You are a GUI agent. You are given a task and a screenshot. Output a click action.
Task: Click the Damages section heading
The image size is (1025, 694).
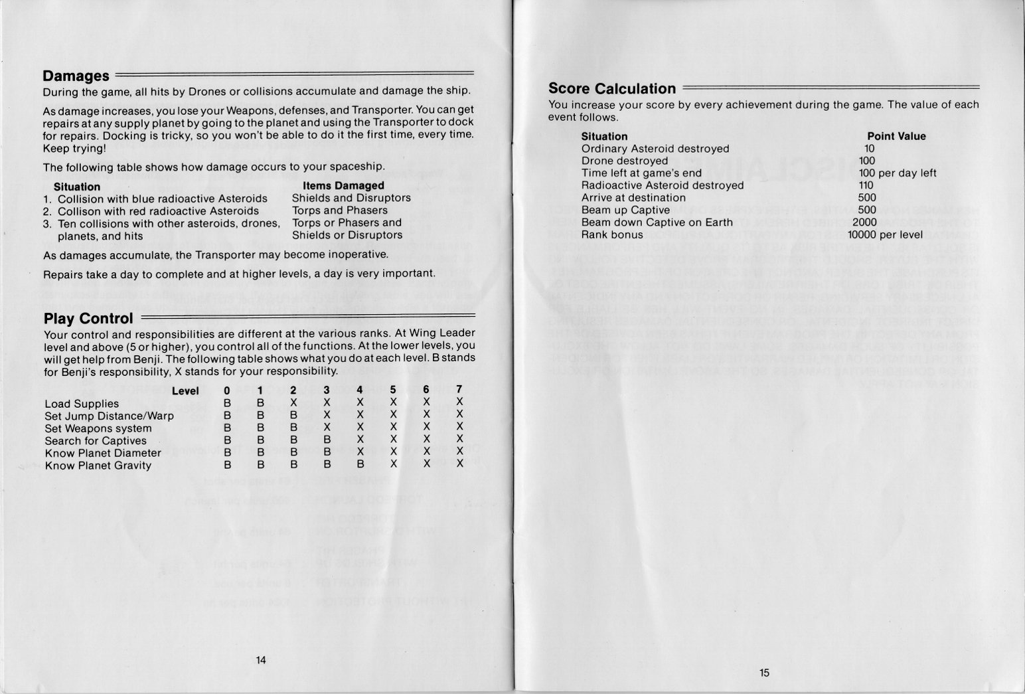(76, 76)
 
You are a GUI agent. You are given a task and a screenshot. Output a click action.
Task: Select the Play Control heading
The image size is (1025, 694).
(88, 319)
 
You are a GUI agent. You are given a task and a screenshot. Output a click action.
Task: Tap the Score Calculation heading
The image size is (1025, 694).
(611, 89)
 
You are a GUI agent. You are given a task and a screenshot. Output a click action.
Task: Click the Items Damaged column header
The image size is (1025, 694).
(343, 186)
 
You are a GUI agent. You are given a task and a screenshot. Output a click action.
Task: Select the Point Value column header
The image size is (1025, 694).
(896, 136)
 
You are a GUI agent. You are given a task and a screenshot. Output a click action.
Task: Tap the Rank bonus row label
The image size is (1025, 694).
(612, 234)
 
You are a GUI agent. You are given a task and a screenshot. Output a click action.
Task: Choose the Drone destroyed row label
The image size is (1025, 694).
(625, 161)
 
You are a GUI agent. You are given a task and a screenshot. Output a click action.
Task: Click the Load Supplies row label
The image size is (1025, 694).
(82, 404)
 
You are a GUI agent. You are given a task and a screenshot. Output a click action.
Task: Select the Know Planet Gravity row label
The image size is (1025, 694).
(98, 466)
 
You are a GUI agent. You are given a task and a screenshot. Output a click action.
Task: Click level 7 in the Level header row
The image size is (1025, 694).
(459, 390)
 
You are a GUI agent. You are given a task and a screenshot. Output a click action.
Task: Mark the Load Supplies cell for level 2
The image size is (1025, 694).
(293, 403)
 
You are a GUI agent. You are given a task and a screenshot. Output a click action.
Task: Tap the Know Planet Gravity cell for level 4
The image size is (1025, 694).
(360, 465)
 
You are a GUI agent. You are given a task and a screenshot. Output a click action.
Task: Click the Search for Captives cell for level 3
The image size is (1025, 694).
(327, 440)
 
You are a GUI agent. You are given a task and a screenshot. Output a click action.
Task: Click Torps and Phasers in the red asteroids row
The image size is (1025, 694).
(331, 211)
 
